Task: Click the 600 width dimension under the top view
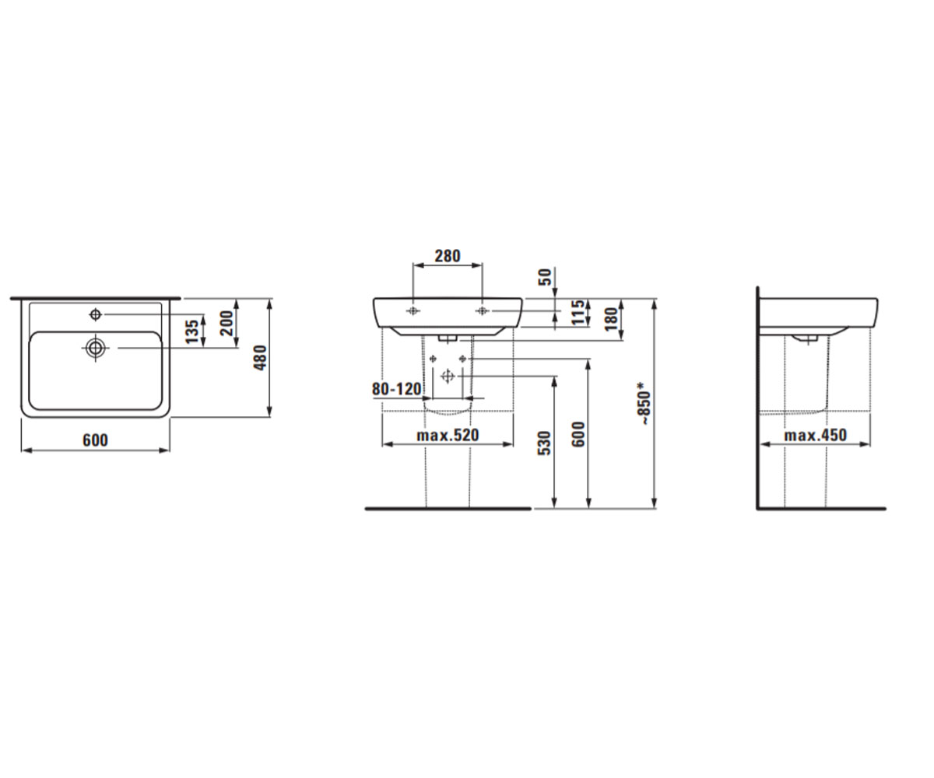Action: tap(95, 440)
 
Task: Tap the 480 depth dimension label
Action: tap(260, 358)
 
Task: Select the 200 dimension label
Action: tap(226, 324)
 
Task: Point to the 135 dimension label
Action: tap(192, 331)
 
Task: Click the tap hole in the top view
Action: tap(96, 315)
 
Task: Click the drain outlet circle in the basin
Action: tap(96, 348)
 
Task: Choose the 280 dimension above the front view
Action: tap(448, 256)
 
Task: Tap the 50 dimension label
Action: tap(546, 277)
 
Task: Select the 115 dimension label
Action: tap(578, 313)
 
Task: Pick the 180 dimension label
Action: tap(611, 318)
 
